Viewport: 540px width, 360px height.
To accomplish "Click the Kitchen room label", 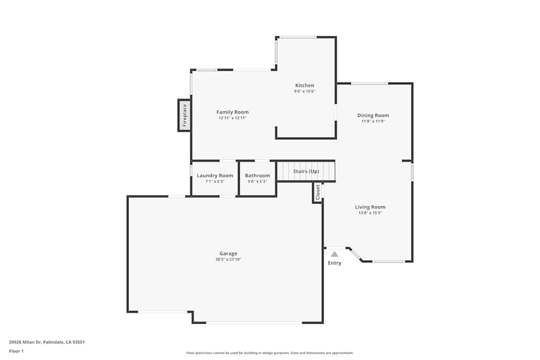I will (305, 85).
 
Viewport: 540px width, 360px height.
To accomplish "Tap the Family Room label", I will (232, 112).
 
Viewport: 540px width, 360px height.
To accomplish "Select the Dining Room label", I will (373, 116).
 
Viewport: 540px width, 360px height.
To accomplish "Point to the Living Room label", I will (370, 207).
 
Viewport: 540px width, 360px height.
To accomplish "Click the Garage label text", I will (228, 254).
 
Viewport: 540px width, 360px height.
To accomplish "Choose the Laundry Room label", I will (215, 175).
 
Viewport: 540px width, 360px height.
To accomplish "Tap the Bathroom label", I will (257, 175).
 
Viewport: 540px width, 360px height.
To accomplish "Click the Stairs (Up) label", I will (306, 172).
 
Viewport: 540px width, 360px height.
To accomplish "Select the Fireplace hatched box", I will (184, 115).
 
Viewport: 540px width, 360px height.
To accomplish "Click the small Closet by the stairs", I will (318, 192).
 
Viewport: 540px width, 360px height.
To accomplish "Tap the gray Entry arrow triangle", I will (335, 254).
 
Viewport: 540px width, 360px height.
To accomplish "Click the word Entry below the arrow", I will (335, 263).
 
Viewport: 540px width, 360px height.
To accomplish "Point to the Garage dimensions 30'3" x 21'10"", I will (228, 260).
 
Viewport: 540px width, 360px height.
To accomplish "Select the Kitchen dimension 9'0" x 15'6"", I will (305, 91).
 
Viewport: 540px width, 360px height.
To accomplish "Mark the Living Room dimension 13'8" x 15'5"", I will (370, 213).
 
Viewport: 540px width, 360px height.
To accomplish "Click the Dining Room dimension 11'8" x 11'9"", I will (373, 121).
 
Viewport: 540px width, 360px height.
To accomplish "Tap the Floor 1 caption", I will (16, 351).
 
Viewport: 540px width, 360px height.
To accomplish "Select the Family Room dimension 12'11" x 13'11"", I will (232, 118).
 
